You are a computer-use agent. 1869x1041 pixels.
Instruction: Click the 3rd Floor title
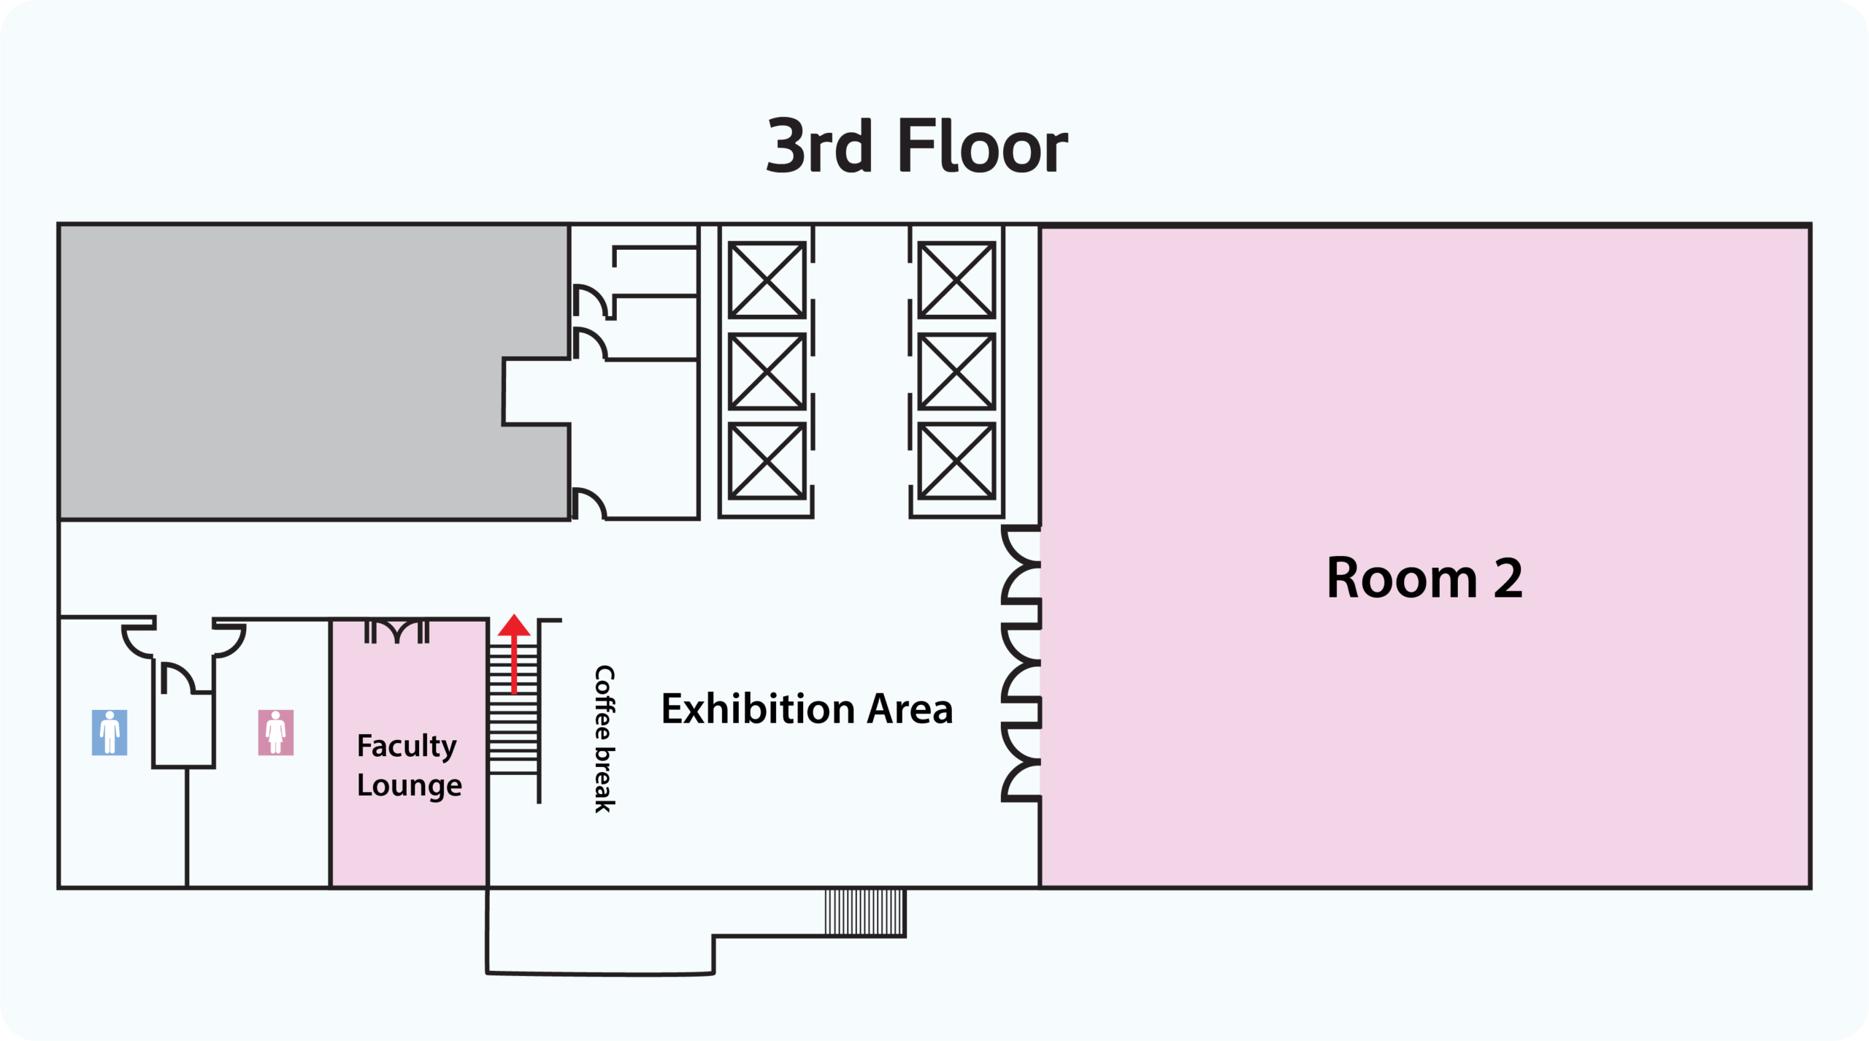[916, 146]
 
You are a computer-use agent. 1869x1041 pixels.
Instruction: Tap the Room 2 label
[1424, 578]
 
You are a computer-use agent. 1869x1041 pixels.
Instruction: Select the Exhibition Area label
[807, 709]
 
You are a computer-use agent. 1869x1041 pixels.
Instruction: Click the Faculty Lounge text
[409, 766]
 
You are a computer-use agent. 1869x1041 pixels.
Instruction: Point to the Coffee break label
[605, 739]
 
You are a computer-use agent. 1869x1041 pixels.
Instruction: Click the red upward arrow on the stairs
[514, 653]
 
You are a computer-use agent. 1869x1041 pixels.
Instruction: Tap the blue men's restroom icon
[110, 732]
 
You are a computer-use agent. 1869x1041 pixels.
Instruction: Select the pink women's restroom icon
[276, 732]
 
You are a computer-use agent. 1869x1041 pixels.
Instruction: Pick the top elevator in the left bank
[767, 280]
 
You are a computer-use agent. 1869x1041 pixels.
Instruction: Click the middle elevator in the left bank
[767, 371]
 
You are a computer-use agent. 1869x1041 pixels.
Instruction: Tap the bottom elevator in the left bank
[767, 461]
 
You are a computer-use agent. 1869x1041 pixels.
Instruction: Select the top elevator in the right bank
[956, 280]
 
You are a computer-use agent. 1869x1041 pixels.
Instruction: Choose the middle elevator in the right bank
[956, 371]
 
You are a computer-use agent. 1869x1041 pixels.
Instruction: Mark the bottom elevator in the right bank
[956, 461]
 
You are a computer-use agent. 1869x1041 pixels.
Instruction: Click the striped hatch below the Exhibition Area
[865, 912]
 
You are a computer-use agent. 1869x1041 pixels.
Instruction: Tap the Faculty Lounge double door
[396, 631]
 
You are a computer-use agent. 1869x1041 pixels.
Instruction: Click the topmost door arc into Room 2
[1021, 545]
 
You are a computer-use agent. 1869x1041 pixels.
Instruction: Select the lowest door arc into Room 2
[1021, 781]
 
